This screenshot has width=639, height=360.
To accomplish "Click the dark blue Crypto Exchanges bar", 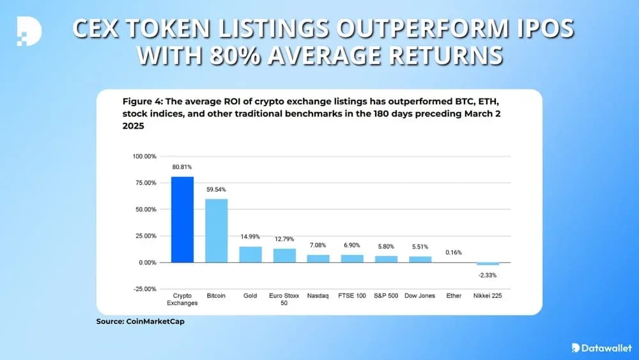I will coord(181,219).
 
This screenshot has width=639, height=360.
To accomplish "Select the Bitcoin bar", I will coord(216,230).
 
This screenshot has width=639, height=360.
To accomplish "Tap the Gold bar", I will coord(250,254).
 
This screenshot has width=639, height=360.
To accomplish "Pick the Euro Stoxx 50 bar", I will coord(284,256).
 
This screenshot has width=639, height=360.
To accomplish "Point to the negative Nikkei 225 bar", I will coord(488,263).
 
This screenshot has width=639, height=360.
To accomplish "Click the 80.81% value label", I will coord(181,167).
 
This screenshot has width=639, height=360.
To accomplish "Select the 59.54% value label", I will coord(216,189).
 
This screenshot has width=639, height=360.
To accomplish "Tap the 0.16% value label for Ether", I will coord(454,252).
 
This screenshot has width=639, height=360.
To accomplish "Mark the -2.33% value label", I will coord(488,275).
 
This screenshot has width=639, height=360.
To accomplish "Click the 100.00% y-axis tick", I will coord(144,156).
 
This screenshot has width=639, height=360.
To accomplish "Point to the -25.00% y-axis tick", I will coord(144,289).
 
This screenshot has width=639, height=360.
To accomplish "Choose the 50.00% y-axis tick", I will coord(144,209).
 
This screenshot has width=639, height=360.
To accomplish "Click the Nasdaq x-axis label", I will coord(318,297).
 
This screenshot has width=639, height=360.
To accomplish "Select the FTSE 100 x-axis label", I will coord(352,297).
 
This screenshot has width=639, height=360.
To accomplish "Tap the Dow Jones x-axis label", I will coord(420,297).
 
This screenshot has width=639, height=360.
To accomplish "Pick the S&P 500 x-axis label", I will coord(386,297).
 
